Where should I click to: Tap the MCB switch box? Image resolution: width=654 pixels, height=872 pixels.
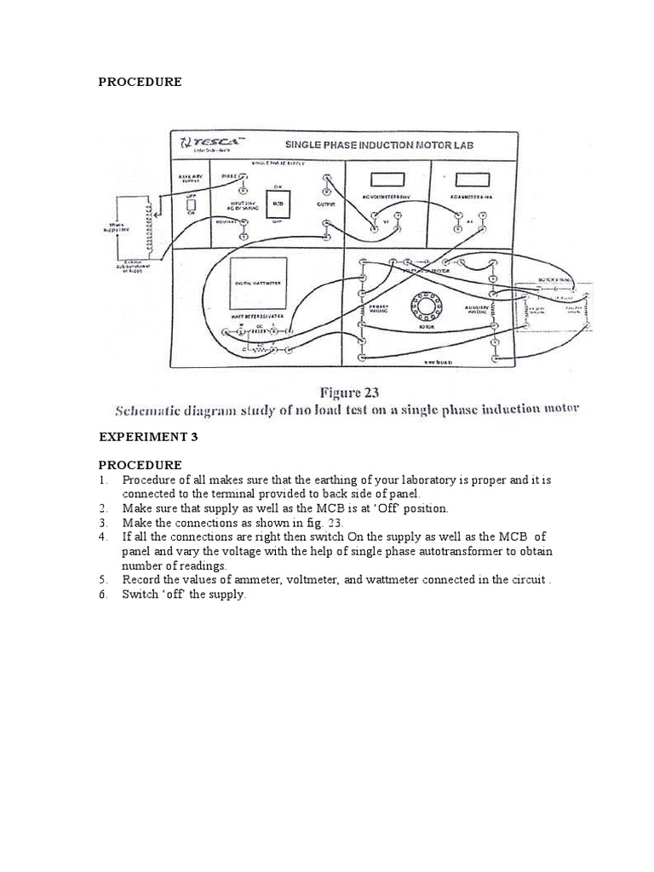[278, 204]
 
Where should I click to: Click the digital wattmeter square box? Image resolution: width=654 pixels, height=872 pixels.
[258, 283]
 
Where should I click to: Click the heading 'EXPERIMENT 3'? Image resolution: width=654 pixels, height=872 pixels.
[146, 437]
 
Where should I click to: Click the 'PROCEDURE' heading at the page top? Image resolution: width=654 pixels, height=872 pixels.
[140, 83]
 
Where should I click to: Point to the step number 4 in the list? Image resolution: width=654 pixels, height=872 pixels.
[103, 537]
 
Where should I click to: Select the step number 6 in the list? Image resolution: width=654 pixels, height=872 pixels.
[103, 595]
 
